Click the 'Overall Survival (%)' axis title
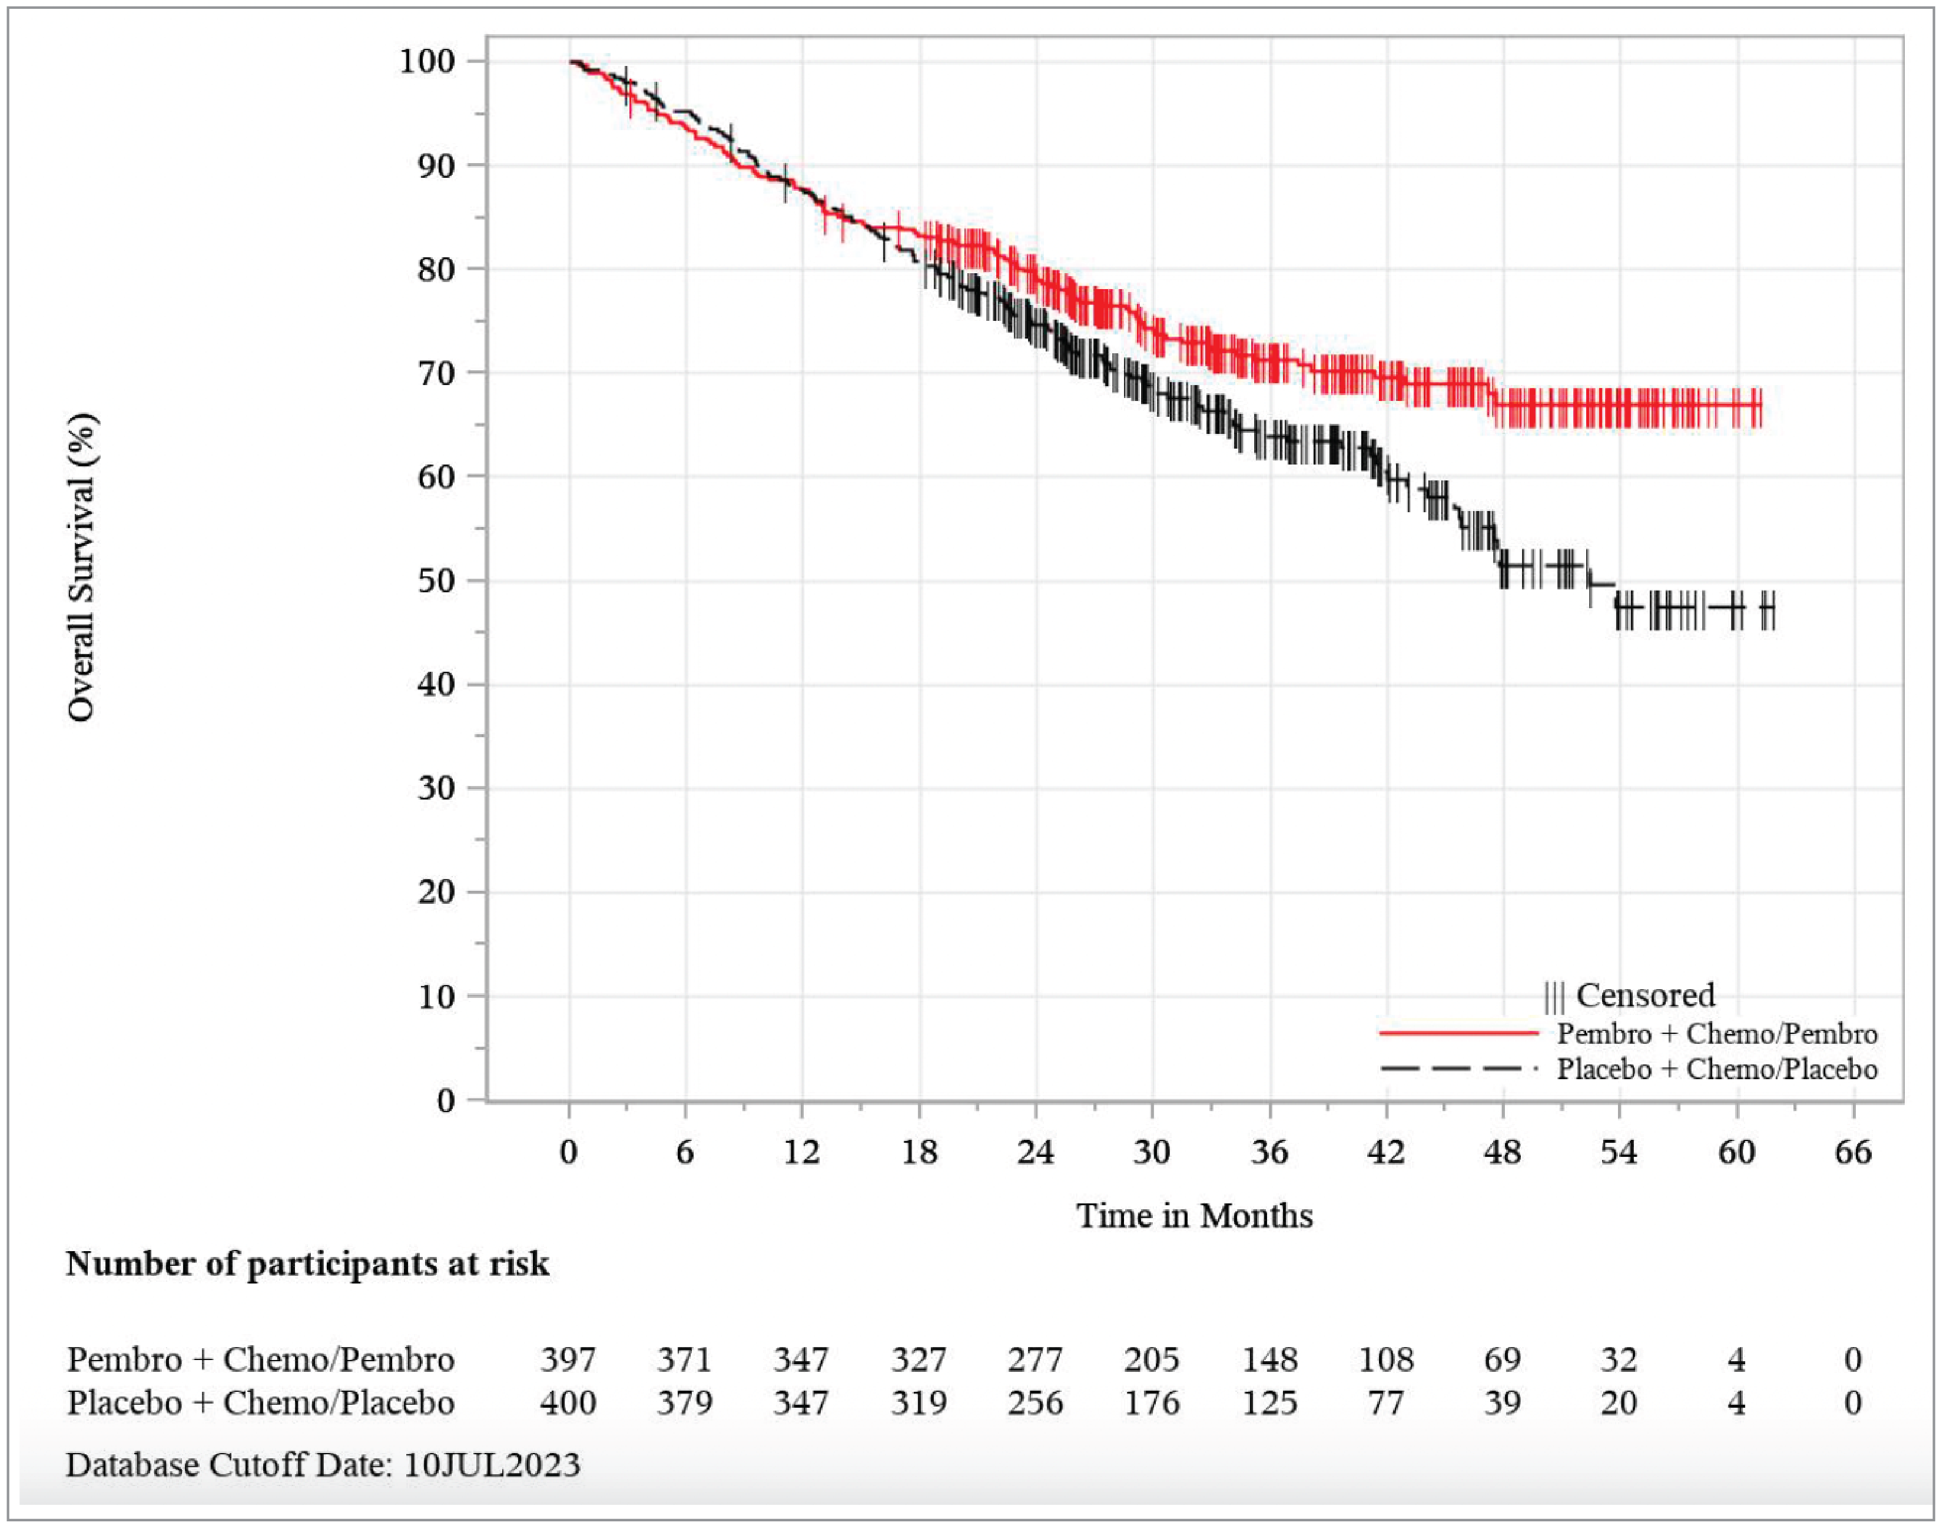(x=81, y=568)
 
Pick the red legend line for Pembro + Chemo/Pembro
(x=1458, y=1033)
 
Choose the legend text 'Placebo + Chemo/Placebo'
(x=1716, y=1069)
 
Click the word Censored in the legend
(x=1645, y=996)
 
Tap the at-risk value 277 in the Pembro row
(x=1035, y=1360)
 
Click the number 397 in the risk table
(x=568, y=1360)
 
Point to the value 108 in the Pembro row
(x=1385, y=1360)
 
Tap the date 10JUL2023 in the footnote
(x=492, y=1465)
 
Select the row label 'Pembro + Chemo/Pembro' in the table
(x=261, y=1360)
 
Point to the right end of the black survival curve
(x=1772, y=609)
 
